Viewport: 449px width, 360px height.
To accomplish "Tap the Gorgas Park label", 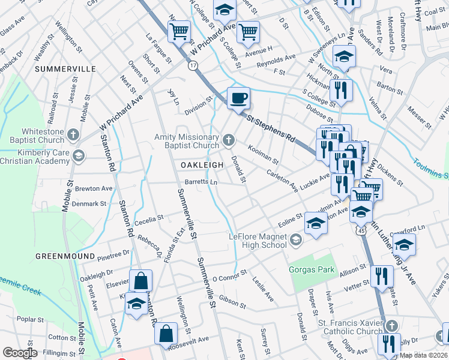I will click(x=312, y=270).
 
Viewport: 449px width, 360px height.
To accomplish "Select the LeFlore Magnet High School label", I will click(x=258, y=241).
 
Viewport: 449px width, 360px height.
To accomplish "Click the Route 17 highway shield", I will click(x=193, y=65).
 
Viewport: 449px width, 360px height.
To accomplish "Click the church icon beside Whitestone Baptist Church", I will click(x=73, y=134).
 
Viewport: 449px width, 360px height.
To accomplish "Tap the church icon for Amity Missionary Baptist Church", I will click(x=228, y=140).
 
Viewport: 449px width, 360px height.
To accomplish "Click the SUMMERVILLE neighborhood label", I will click(x=65, y=69).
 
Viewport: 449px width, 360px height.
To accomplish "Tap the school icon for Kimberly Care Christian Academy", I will click(x=77, y=157).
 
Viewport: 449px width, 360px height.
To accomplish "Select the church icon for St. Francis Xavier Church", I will click(x=391, y=325).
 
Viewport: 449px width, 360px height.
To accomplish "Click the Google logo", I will click(x=20, y=353).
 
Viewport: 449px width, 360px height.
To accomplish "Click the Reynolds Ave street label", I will click(x=276, y=59).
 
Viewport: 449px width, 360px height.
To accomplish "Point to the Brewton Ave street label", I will click(x=94, y=188).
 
